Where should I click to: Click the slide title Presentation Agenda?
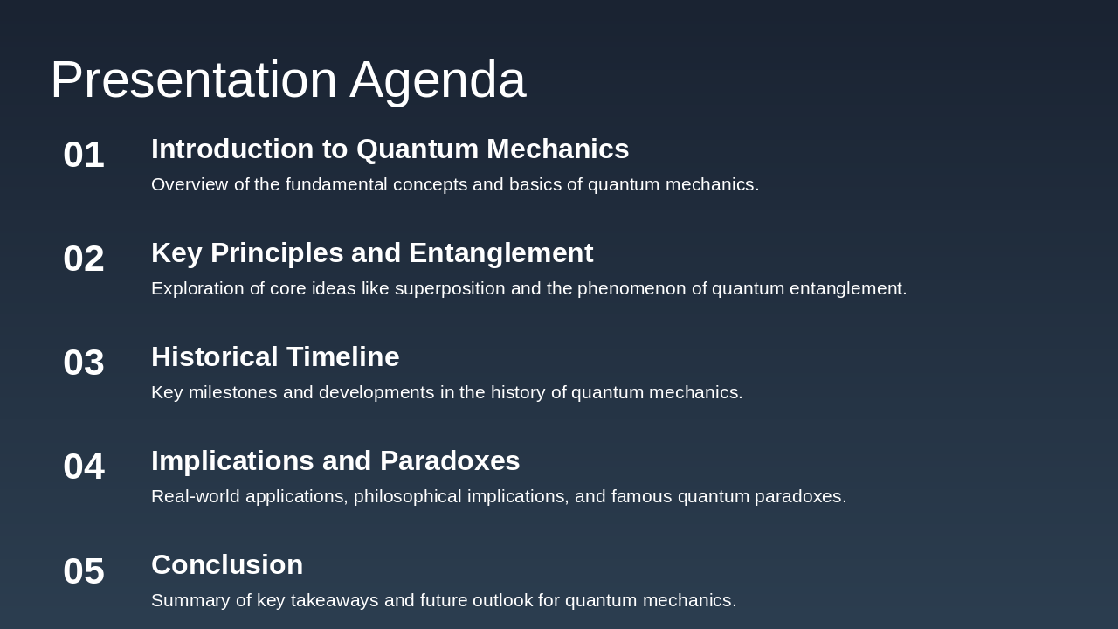[x=287, y=79]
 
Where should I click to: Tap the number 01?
[x=84, y=155]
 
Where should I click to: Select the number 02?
[x=84, y=259]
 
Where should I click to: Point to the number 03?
[x=84, y=363]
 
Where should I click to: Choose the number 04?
[x=84, y=467]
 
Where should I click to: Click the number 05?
[x=84, y=571]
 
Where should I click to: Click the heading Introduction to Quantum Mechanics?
[x=390, y=149]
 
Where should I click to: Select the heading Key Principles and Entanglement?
[x=372, y=253]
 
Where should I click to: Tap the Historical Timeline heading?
[x=275, y=357]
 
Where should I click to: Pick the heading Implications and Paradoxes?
[x=335, y=461]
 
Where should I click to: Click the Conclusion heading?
[x=227, y=565]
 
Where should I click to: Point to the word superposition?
[x=450, y=288]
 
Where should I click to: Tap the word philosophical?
[x=408, y=496]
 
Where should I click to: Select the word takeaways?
[x=335, y=600]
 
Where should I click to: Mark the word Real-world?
[x=196, y=496]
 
